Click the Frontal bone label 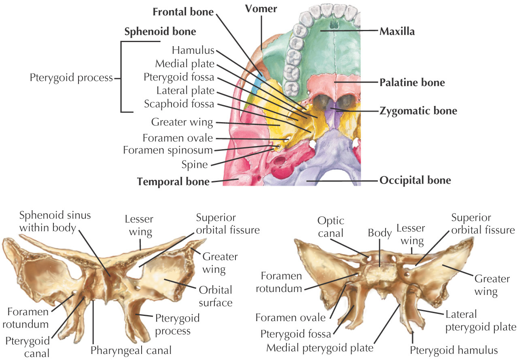(182, 12)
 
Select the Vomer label (261, 8)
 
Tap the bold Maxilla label (397, 31)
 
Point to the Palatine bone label (412, 83)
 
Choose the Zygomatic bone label (418, 110)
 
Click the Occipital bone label (415, 180)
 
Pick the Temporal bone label (173, 182)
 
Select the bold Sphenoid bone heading (160, 32)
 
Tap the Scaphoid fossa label (179, 104)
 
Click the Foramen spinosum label (167, 150)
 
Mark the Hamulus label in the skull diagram (193, 51)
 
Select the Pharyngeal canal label (132, 349)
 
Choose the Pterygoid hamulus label (453, 349)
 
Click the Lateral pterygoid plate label (480, 321)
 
